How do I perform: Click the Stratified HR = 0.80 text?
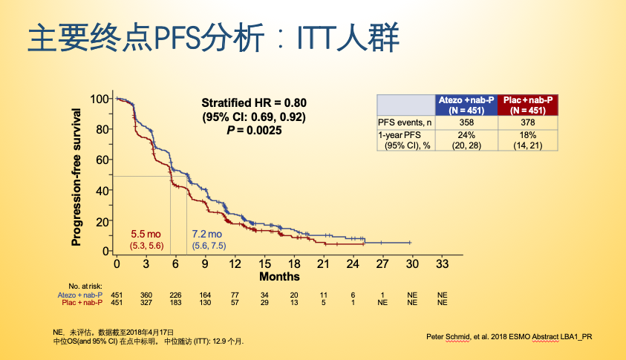pyautogui.click(x=254, y=103)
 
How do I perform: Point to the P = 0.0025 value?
pyautogui.click(x=254, y=131)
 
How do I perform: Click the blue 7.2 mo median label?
pyautogui.click(x=208, y=234)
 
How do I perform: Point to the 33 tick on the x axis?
pyautogui.click(x=443, y=264)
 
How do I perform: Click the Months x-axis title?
pyautogui.click(x=279, y=277)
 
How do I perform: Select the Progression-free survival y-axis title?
pyautogui.click(x=76, y=175)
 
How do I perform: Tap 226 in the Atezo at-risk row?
pyautogui.click(x=175, y=295)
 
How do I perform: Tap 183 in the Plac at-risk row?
pyautogui.click(x=175, y=303)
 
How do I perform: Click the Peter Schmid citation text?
pyautogui.click(x=509, y=336)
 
